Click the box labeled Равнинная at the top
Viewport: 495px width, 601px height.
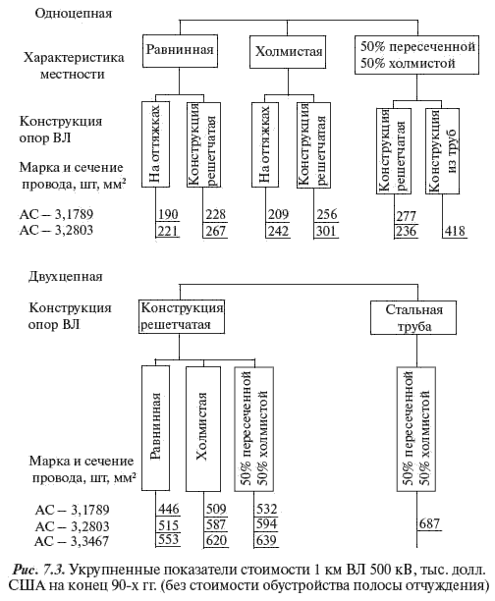180,51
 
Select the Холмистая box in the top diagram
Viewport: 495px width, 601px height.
288,52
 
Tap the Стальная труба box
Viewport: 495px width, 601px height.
413,318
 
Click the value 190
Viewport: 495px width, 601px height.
168,214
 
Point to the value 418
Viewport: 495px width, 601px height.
455,231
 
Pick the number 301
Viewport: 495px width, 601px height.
326,231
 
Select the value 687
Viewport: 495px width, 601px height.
429,523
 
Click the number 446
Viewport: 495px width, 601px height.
169,509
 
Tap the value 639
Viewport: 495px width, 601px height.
266,540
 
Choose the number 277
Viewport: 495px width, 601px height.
406,216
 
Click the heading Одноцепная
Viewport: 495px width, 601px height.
74,14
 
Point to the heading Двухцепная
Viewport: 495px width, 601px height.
66,277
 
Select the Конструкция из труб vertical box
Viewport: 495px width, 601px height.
442,151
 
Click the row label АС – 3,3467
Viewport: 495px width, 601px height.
72,541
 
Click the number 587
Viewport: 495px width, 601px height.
216,524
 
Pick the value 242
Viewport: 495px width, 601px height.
278,231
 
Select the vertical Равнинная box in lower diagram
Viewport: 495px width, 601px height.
156,428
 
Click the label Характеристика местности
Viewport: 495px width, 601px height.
74,66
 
